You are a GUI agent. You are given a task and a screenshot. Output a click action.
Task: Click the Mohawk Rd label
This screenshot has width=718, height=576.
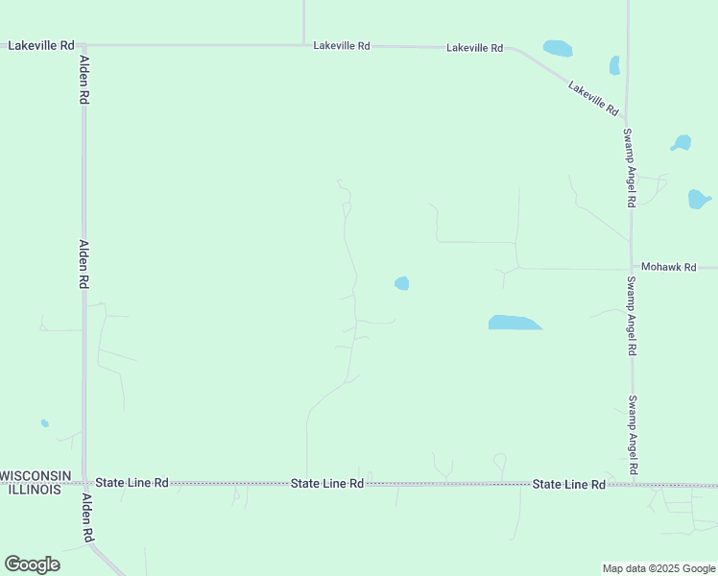(668, 267)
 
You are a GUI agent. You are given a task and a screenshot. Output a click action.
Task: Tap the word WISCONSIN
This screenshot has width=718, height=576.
(36, 476)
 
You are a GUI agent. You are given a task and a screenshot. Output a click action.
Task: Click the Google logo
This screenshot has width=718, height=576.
(32, 564)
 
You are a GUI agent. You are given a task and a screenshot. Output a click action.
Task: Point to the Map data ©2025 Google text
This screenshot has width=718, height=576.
(659, 568)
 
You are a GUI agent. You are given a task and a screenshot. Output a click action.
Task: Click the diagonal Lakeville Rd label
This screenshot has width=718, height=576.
(592, 99)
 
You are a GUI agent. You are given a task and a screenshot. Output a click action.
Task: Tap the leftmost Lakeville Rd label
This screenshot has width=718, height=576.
(40, 45)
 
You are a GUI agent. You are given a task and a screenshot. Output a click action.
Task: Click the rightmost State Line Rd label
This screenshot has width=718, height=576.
(569, 485)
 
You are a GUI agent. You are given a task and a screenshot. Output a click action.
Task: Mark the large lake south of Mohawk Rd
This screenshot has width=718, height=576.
(514, 323)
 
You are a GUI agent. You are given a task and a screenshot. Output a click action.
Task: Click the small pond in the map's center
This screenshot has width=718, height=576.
(402, 283)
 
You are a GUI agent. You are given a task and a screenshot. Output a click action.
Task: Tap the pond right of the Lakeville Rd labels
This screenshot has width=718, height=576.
(557, 47)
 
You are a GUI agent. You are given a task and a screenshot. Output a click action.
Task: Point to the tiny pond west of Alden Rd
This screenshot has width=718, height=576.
(44, 423)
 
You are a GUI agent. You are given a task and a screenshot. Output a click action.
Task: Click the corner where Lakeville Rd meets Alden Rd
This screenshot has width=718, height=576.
(84, 45)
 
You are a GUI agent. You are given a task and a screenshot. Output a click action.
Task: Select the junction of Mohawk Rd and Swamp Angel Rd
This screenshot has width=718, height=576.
(631, 268)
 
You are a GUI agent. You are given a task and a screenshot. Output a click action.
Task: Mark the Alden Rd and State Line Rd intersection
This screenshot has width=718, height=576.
(84, 483)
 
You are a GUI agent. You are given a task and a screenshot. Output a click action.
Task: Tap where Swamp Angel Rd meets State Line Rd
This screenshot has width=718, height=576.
(632, 483)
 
